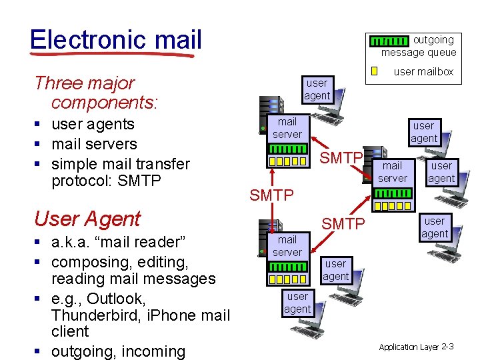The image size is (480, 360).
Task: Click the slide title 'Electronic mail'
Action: pyautogui.click(x=115, y=39)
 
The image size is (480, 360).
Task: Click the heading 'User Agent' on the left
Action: pyautogui.click(x=87, y=219)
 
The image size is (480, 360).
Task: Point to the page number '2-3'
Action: pyautogui.click(x=447, y=346)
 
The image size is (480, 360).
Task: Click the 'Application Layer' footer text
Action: pyautogui.click(x=408, y=347)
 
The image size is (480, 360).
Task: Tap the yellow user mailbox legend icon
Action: pyautogui.click(x=374, y=71)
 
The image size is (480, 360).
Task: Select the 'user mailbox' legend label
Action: pyautogui.click(x=423, y=71)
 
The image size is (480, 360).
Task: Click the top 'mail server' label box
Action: pyautogui.click(x=287, y=128)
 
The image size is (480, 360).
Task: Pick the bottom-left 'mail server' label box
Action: pyautogui.click(x=287, y=245)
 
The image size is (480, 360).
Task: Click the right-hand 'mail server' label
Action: pyautogui.click(x=392, y=171)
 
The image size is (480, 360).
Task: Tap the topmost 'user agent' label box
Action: pyautogui.click(x=317, y=89)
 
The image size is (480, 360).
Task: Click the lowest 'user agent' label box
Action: pyautogui.click(x=297, y=303)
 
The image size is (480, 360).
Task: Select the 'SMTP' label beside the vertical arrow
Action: pyautogui.click(x=271, y=195)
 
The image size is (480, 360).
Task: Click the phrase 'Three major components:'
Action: pyautogui.click(x=93, y=93)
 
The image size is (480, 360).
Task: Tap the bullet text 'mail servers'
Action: pyautogui.click(x=94, y=144)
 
